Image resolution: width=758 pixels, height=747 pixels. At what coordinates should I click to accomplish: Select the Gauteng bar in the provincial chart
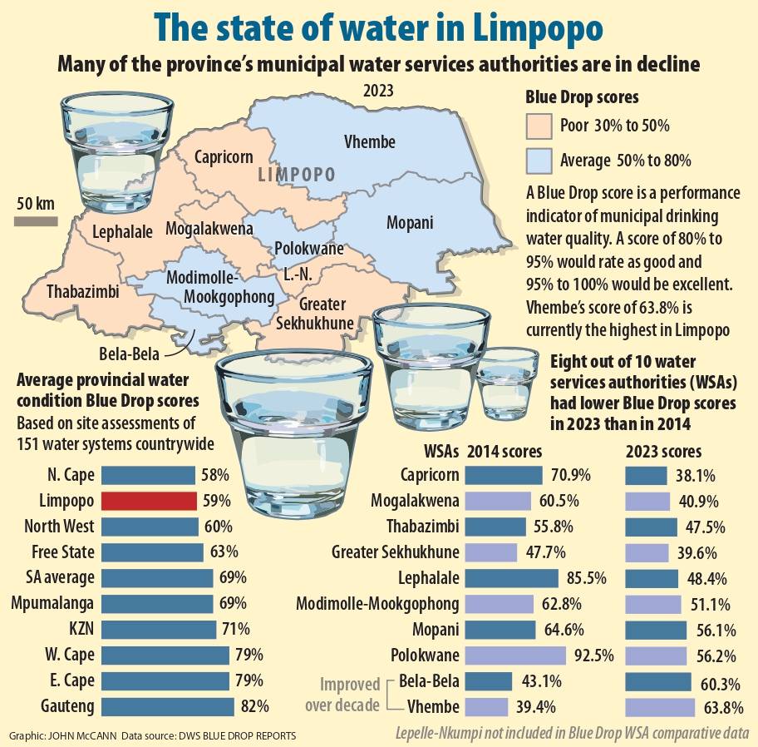(167, 707)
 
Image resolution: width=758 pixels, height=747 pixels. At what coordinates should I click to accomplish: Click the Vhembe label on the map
(370, 141)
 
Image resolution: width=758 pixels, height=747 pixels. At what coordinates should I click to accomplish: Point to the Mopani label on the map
(410, 222)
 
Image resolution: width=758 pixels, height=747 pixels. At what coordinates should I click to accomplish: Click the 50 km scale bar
(36, 221)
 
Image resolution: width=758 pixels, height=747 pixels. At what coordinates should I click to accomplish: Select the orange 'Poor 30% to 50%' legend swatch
(539, 126)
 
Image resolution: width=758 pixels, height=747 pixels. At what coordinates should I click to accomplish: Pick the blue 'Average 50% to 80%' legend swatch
(539, 159)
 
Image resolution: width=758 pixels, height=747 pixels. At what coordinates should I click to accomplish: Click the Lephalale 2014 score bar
(511, 577)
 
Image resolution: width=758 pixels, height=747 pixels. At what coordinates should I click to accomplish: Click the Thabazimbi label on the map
(83, 291)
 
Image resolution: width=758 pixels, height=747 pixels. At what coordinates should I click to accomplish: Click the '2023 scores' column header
(662, 452)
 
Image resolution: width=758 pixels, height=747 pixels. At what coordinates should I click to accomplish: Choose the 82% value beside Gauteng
(255, 707)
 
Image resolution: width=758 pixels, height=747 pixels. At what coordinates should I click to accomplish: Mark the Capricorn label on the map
(224, 156)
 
